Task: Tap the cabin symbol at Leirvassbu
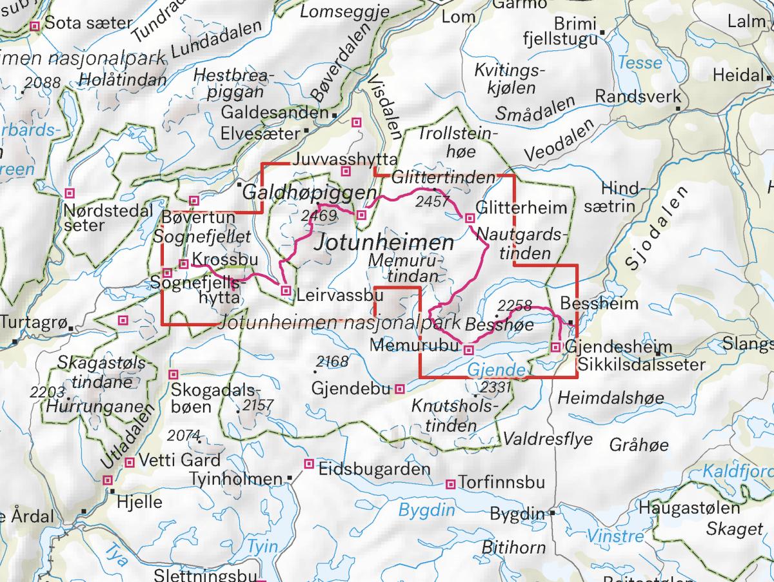click(x=286, y=291)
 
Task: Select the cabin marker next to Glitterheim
click(x=470, y=218)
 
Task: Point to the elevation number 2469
click(x=319, y=216)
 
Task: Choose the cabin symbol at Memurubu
click(x=470, y=350)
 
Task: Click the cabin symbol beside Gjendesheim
click(x=556, y=348)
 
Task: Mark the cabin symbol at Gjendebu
click(x=400, y=389)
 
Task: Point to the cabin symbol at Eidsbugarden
click(x=309, y=463)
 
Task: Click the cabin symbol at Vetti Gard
click(x=130, y=461)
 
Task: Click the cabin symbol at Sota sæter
click(x=35, y=26)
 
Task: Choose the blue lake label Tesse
click(x=640, y=63)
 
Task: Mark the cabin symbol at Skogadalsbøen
click(x=173, y=374)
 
